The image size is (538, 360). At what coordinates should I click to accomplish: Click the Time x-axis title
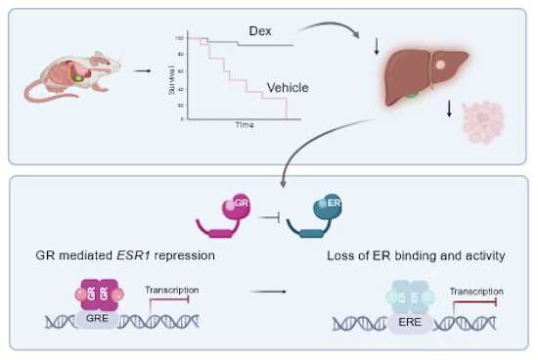[244, 125]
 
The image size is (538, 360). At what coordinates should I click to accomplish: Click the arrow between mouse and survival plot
[143, 69]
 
